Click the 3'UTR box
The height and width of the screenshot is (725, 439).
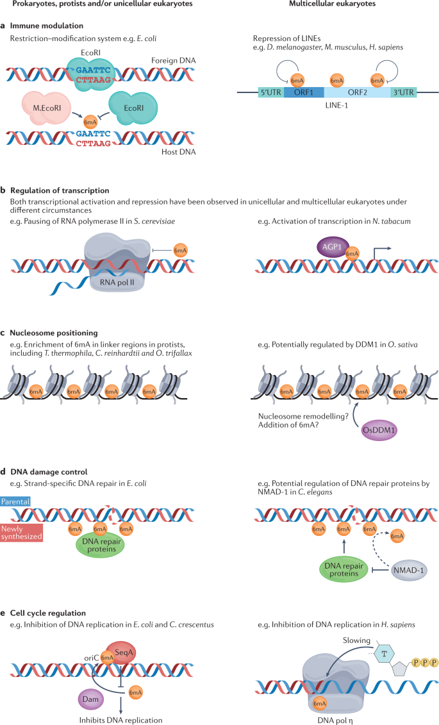(404, 92)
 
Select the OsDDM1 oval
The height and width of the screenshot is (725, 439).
(379, 430)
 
